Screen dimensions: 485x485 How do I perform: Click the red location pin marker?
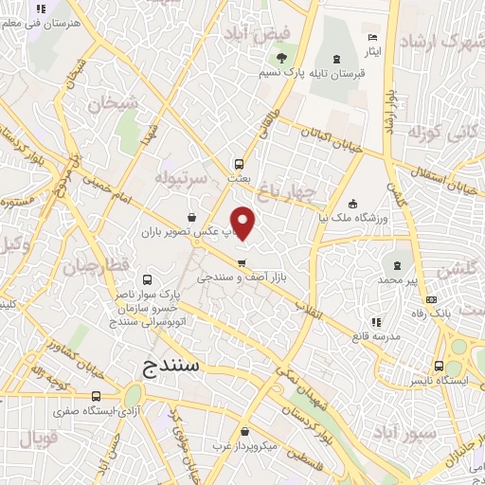click(243, 222)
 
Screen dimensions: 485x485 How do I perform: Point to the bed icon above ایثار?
click(372, 37)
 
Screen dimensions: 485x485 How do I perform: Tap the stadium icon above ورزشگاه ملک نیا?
click(353, 203)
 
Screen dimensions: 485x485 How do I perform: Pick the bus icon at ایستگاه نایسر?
click(439, 366)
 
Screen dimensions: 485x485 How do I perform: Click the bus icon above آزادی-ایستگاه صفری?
click(96, 397)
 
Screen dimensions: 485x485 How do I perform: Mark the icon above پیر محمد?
click(397, 266)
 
